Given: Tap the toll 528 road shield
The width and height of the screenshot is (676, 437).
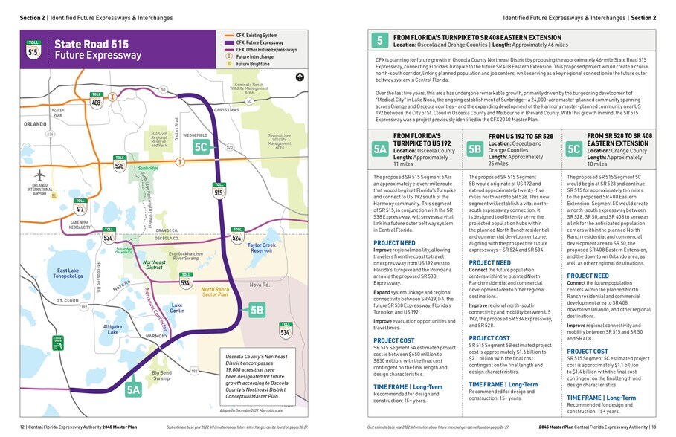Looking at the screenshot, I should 120,164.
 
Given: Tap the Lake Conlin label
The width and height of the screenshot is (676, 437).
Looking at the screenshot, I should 177,308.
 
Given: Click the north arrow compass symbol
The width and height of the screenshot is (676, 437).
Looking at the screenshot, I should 300,76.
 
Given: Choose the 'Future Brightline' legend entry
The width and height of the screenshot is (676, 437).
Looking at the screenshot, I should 253,65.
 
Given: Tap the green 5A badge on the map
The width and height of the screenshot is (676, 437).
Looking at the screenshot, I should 133,389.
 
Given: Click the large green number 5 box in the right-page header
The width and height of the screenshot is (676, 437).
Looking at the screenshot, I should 379,40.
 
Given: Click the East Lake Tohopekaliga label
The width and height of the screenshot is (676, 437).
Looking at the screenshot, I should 57,274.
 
